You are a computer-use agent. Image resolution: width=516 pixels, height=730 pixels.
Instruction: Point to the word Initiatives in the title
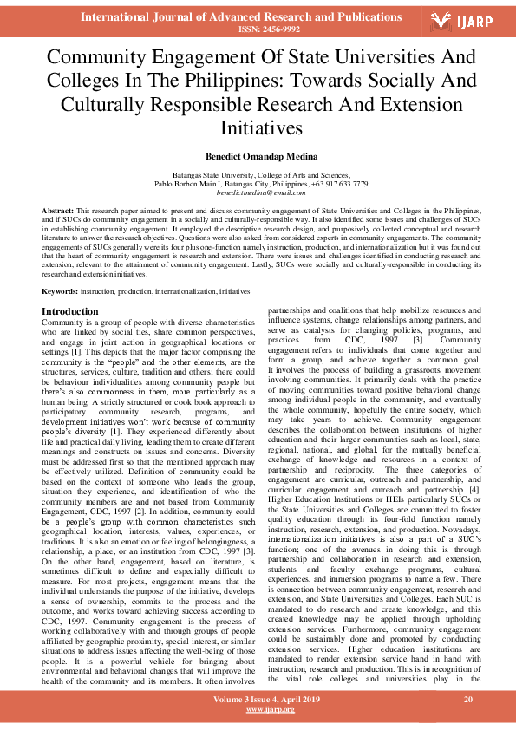[258, 127]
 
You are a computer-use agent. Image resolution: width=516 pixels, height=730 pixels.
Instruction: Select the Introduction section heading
[70, 311]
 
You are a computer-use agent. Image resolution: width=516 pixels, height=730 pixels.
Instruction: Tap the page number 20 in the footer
[467, 700]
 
